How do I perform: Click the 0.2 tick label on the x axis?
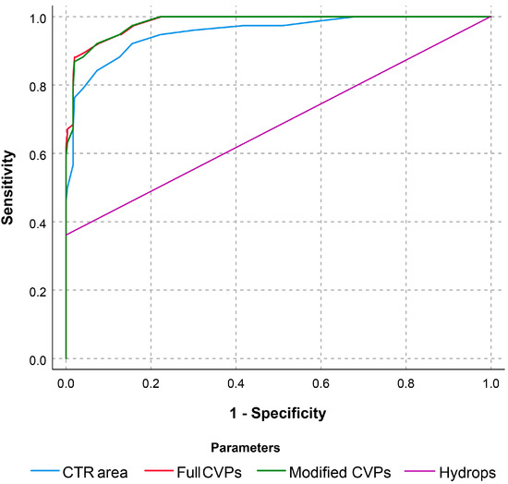click(151, 380)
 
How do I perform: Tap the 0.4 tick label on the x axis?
click(236, 380)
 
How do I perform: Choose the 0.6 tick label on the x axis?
click(321, 380)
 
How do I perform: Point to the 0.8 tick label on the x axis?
click(405, 380)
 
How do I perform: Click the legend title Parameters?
click(247, 448)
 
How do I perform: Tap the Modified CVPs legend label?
click(340, 469)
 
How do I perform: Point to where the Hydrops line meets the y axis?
click(66, 235)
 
